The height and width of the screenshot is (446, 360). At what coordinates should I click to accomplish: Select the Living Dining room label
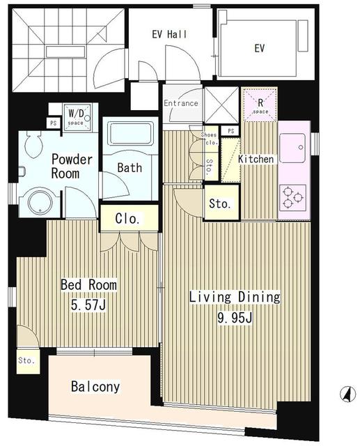tap(235, 298)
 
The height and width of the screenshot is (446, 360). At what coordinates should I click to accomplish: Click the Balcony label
tap(95, 387)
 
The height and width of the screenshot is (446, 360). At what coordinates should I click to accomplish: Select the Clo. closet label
tap(127, 218)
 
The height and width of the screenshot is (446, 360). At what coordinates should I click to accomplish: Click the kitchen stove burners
tap(293, 197)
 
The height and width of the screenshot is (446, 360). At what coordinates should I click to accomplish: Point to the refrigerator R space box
tap(260, 103)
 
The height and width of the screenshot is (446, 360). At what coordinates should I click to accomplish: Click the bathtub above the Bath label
tap(131, 133)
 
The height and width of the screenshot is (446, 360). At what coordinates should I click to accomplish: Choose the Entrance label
tap(181, 104)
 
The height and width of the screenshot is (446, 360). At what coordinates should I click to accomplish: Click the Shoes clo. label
tap(209, 138)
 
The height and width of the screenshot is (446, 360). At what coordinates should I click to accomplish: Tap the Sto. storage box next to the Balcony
tap(26, 362)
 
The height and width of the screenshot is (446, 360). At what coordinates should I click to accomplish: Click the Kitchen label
tap(256, 160)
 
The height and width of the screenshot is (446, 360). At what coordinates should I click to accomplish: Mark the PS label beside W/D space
tap(53, 123)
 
